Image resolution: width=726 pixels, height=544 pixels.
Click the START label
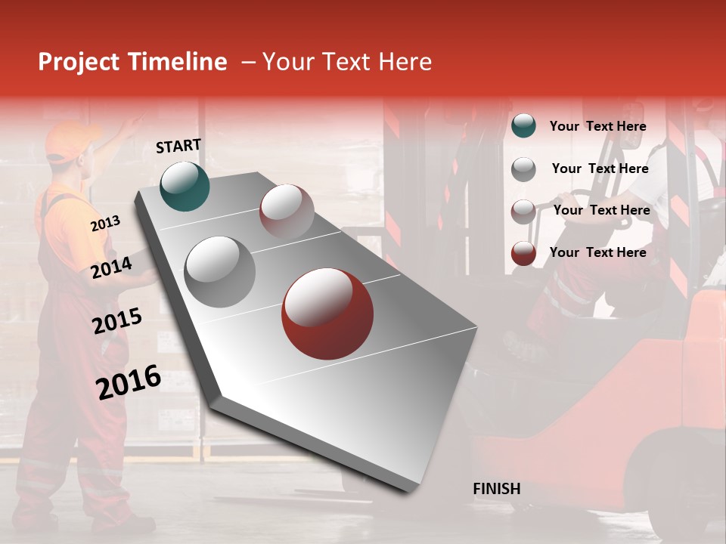pyautogui.click(x=178, y=146)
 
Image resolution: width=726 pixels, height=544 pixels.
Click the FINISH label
pyautogui.click(x=496, y=489)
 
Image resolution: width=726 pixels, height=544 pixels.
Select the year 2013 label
pyautogui.click(x=105, y=224)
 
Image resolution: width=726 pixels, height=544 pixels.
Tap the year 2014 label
pyautogui.click(x=111, y=267)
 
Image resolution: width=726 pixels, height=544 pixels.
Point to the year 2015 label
pyautogui.click(x=116, y=321)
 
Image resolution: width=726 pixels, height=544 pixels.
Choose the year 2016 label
pyautogui.click(x=129, y=382)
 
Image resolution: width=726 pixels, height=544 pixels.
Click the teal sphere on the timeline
pyautogui.click(x=185, y=186)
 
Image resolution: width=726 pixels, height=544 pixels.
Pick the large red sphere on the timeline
pyautogui.click(x=327, y=314)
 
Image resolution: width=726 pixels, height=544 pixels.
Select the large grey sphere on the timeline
pyautogui.click(x=219, y=272)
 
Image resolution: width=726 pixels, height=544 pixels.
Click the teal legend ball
pyautogui.click(x=523, y=126)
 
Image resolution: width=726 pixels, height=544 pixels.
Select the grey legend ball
pyautogui.click(x=523, y=169)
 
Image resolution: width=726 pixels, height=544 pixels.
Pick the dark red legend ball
pyautogui.click(x=523, y=253)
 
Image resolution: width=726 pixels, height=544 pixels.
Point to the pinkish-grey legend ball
pyautogui.click(x=523, y=211)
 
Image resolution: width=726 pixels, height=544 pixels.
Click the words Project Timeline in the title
pyautogui.click(x=132, y=62)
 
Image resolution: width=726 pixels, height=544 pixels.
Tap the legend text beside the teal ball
pyautogui.click(x=597, y=126)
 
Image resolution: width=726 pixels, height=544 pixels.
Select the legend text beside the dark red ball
pyautogui.click(x=597, y=252)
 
